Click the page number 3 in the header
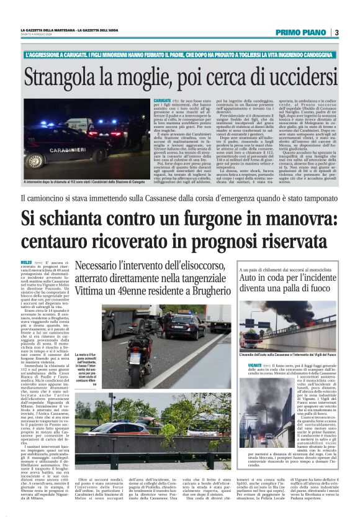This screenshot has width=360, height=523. (x=336, y=32)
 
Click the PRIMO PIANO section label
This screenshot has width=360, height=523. (x=301, y=32)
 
